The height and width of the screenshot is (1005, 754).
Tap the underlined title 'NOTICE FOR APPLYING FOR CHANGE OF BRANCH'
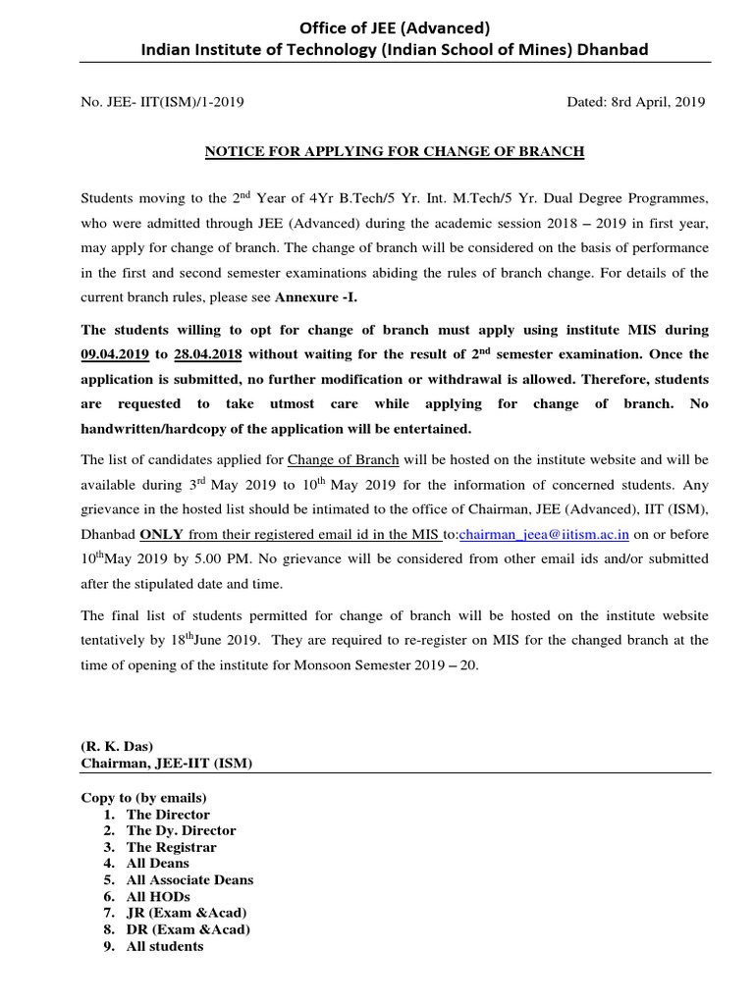point(394,151)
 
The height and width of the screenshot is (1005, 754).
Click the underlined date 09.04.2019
point(116,353)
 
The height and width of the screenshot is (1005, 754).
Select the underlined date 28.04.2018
point(210,353)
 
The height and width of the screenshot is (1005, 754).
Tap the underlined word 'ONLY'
point(162,533)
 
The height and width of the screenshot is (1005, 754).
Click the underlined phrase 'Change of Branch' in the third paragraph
point(338,459)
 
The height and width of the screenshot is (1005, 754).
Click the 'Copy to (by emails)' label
point(143,797)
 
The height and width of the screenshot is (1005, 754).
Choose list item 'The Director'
point(168,814)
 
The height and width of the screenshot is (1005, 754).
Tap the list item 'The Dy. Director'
point(181,830)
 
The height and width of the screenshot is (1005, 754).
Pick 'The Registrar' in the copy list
point(172,847)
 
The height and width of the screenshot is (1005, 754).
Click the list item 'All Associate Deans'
point(189,880)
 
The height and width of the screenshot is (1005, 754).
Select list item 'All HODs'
point(158,897)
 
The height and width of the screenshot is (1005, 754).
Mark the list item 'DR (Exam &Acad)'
point(188,929)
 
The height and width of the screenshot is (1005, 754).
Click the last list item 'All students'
point(165,946)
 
